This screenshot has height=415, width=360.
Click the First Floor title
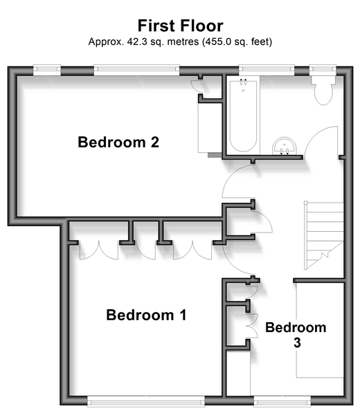pyautogui.click(x=181, y=26)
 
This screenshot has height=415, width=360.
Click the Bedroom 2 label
pyautogui.click(x=118, y=142)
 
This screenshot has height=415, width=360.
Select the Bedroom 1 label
pyautogui.click(x=146, y=315)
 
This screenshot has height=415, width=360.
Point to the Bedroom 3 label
pyautogui.click(x=296, y=335)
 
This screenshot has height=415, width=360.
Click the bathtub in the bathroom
pyautogui.click(x=243, y=116)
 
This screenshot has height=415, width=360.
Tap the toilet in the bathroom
pyautogui.click(x=323, y=91)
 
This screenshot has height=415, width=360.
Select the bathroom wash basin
pyautogui.click(x=285, y=146)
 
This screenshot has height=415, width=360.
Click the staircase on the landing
pyautogui.click(x=324, y=236)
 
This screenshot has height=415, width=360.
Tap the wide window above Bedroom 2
pyautogui.click(x=136, y=70)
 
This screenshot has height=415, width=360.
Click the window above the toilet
pyautogui.click(x=323, y=69)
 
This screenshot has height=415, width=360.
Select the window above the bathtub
pyautogui.click(x=267, y=69)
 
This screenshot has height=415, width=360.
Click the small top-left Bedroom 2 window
pyautogui.click(x=47, y=70)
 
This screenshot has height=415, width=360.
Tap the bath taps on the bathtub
pyautogui.click(x=243, y=82)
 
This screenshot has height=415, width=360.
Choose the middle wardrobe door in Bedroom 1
pyautogui.click(x=145, y=251)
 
